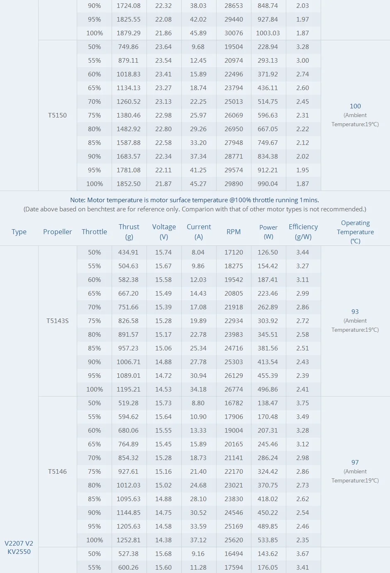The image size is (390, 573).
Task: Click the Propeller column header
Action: pos(57,232)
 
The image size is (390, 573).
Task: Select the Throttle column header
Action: pos(94,232)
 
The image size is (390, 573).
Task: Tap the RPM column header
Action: pos(234,232)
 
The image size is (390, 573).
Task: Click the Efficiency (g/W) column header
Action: pos(303,232)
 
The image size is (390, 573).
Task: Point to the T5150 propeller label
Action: pos(57,115)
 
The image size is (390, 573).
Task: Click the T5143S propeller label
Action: pos(57,321)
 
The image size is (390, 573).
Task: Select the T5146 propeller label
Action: pos(57,472)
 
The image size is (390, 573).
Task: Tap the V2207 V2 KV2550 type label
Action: pos(19,547)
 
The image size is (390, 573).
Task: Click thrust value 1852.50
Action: pos(129,184)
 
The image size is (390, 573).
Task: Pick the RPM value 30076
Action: pos(234,33)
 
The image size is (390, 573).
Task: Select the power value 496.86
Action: pos(268,389)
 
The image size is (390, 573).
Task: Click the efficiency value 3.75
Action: pos(302,403)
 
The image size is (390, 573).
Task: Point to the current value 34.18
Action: pos(198,389)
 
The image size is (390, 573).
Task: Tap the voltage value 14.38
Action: pos(163,540)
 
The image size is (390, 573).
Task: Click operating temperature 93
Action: pos(355,312)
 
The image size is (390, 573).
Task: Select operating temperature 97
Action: pos(355,463)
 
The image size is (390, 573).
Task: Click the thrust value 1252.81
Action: pos(129,540)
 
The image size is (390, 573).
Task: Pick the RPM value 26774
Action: pos(234,389)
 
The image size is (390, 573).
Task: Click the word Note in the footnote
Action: pos(78,200)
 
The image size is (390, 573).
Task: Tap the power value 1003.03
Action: pos(268,33)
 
